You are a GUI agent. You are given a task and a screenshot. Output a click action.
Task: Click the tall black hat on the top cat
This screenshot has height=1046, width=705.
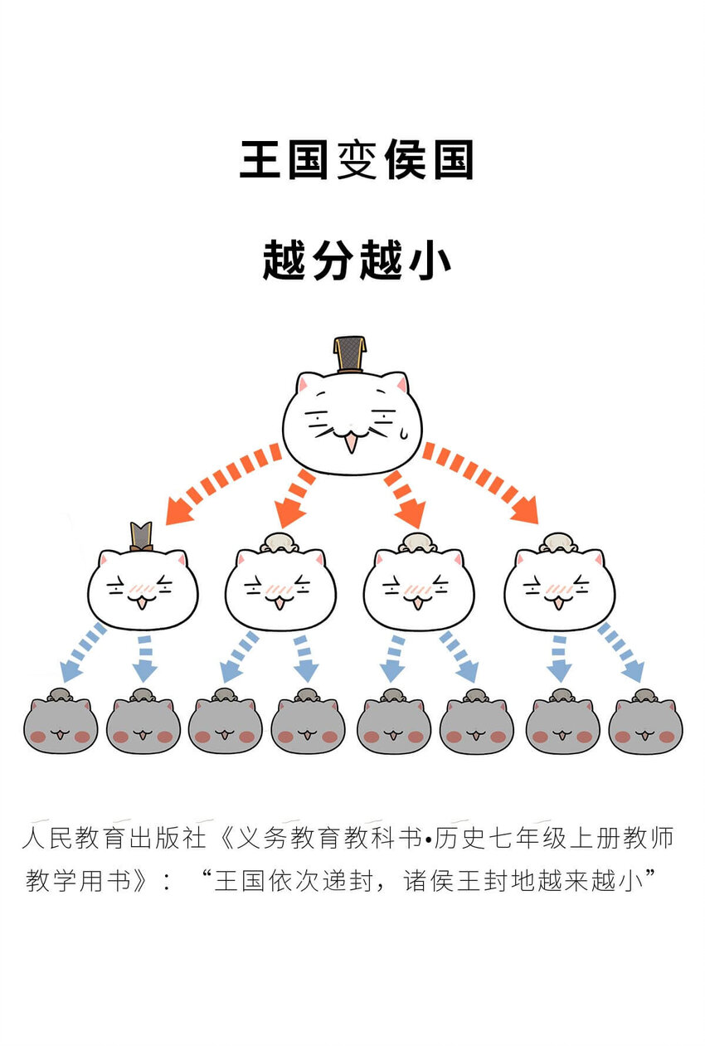[x=349, y=354]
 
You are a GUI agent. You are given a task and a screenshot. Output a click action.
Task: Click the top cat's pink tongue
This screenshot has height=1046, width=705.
[x=352, y=444]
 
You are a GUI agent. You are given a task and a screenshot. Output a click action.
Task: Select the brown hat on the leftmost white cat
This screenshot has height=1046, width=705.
[x=142, y=536]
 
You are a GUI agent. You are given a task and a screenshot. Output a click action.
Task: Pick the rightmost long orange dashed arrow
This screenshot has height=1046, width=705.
[x=481, y=484]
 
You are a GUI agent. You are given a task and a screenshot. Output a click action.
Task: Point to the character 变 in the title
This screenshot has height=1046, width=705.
[x=357, y=160]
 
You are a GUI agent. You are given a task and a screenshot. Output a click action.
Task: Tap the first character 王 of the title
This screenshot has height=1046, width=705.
[x=260, y=160]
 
